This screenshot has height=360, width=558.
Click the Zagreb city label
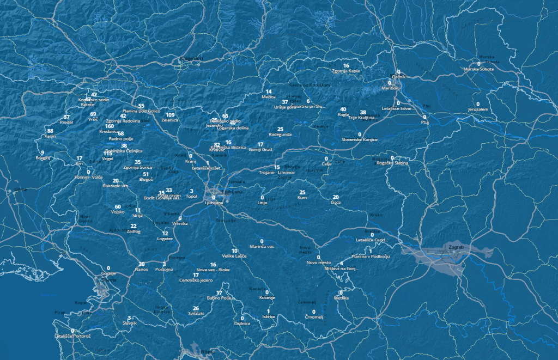pos(456,247)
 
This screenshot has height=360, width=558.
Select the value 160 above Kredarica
pos(110,126)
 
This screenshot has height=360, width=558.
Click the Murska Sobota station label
pos(478,69)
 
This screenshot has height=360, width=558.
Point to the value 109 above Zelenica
pos(170,115)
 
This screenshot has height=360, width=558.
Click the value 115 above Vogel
pos(107,154)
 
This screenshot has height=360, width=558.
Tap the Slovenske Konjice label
pos(359,140)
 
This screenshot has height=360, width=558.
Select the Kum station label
pos(302,198)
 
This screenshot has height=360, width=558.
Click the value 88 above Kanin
pos(50,131)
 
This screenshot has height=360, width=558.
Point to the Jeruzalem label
pos(478,109)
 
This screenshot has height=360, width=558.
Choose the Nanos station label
pos(141,270)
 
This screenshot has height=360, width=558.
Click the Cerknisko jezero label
pos(196,280)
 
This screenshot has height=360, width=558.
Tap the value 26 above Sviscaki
pos(196,308)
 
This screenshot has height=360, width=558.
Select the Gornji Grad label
pos(260,150)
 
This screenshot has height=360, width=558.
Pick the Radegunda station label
pos(280,135)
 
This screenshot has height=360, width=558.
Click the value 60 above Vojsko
pos(118,207)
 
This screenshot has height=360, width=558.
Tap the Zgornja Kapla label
pos(346,71)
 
